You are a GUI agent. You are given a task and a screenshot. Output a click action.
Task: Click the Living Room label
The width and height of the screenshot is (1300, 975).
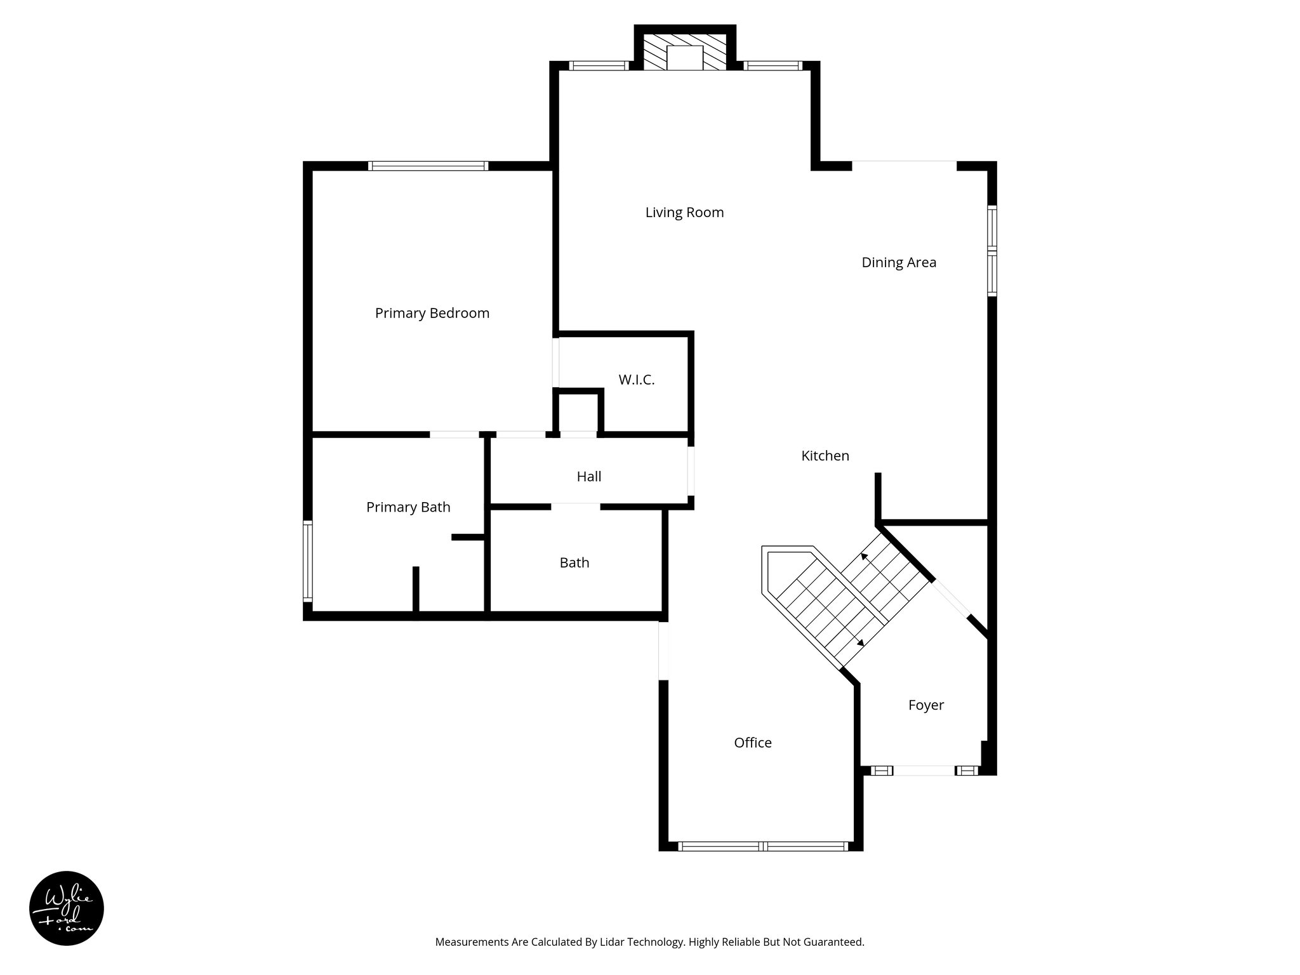coord(684,213)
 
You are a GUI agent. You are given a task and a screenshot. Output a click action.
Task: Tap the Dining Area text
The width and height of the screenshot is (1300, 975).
coord(898,263)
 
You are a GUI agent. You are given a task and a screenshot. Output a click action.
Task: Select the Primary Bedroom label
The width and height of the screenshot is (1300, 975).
coord(432,313)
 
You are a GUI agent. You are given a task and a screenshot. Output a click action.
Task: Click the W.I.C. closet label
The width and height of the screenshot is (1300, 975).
coord(636,380)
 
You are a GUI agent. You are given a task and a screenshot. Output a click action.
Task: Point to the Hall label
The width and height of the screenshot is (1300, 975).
coord(588,477)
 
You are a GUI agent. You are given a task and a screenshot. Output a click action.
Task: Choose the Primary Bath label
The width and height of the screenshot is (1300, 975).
coord(408,507)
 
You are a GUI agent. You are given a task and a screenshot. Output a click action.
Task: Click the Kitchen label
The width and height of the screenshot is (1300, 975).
coord(825,456)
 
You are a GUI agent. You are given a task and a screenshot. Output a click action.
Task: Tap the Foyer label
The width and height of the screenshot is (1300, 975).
coord(925,705)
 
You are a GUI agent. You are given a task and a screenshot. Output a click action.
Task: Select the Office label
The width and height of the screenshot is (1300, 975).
coord(752,743)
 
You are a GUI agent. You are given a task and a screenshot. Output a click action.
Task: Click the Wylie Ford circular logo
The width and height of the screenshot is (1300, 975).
coord(67,908)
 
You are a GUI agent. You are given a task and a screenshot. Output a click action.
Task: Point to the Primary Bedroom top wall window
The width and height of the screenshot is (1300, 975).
coord(428,166)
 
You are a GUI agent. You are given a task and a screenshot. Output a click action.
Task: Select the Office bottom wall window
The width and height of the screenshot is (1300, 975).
coord(762,846)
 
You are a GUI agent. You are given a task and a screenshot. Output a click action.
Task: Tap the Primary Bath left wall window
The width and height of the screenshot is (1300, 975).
coord(308,560)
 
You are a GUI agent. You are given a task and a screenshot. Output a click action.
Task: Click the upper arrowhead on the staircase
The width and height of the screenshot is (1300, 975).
coord(863,556)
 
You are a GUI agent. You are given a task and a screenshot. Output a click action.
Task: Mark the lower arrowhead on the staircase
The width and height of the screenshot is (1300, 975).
coord(861,643)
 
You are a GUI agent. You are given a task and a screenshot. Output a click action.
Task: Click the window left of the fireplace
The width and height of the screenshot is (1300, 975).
coord(598,65)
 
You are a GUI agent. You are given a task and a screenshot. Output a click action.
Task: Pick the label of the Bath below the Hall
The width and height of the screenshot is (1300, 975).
coord(574,563)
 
